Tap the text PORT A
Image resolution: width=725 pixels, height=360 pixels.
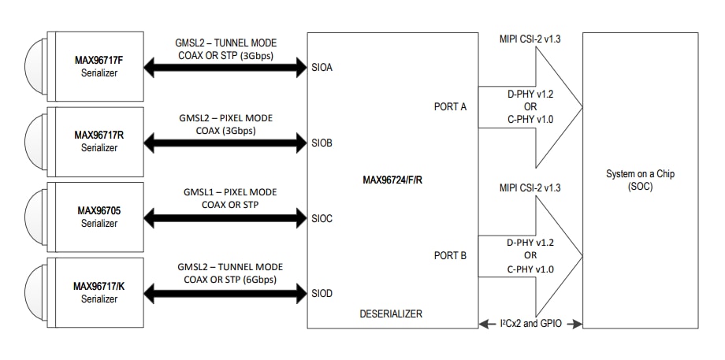(x=450, y=106)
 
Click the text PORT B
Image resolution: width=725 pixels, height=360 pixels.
(x=450, y=255)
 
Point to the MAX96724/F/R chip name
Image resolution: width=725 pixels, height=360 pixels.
(x=393, y=180)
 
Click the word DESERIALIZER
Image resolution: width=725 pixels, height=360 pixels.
(x=392, y=314)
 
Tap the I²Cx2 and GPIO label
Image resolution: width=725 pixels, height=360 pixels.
(x=530, y=323)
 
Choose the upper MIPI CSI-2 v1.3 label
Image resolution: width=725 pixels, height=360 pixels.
(x=530, y=39)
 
